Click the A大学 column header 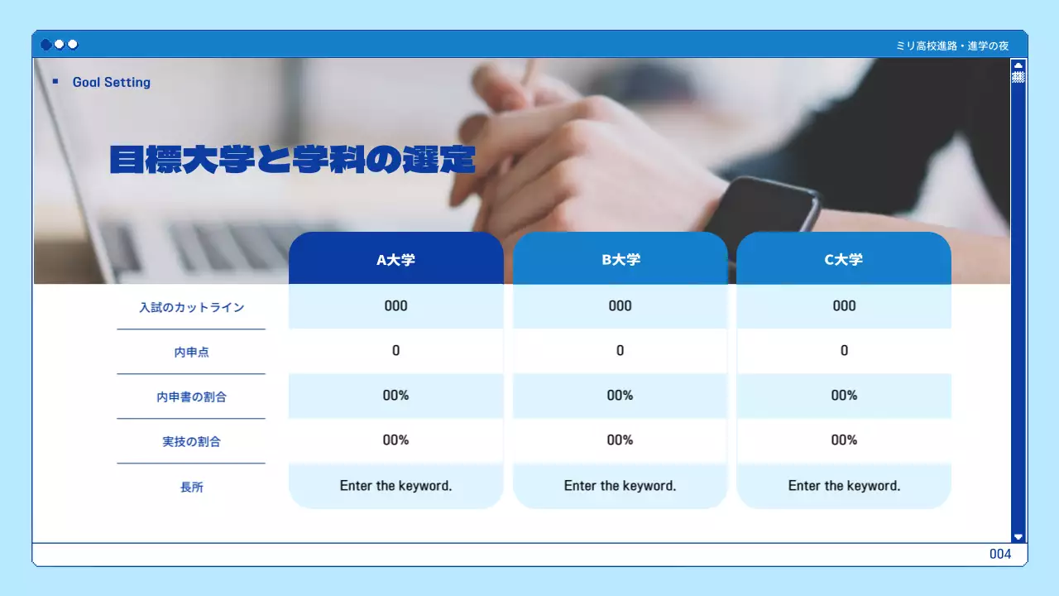click(395, 259)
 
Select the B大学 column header click(620, 259)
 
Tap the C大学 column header click(844, 259)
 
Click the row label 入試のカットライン click(191, 307)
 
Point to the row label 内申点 click(191, 352)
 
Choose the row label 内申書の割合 click(191, 397)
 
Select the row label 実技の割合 click(191, 441)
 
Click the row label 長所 click(191, 487)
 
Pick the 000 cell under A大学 click(395, 305)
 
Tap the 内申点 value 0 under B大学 click(620, 350)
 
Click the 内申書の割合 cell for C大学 click(844, 395)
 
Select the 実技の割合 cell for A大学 click(395, 440)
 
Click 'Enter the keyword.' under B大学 click(620, 486)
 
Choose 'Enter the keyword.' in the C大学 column click(844, 486)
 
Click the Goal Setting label click(111, 82)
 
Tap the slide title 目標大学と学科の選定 click(292, 159)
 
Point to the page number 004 click(1000, 554)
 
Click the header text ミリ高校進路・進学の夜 click(952, 46)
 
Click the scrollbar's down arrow click(1018, 536)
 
